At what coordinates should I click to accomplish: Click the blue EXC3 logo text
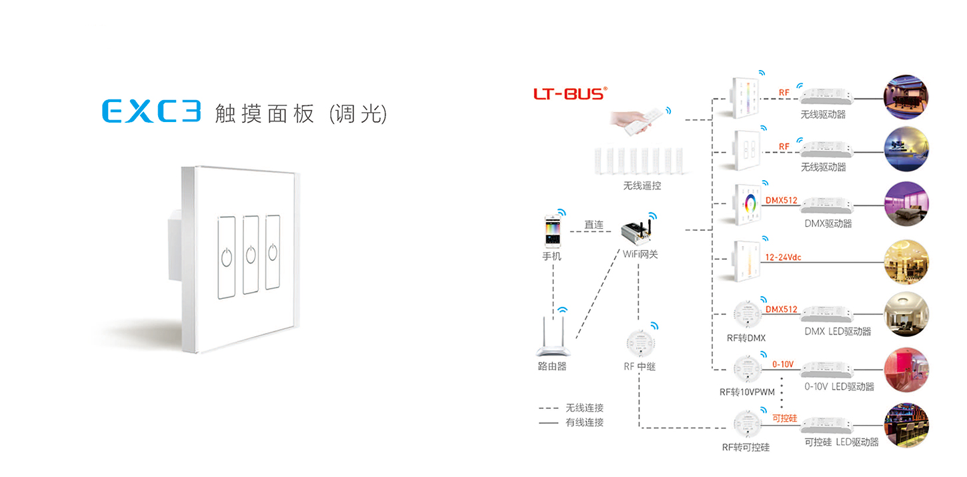(151, 111)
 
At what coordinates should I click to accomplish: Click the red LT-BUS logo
(570, 93)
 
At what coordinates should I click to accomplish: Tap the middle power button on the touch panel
(251, 255)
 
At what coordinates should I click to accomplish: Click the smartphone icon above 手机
(553, 231)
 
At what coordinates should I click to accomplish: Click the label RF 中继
(640, 366)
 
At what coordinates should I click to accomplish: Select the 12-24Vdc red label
(783, 258)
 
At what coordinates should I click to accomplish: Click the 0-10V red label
(783, 364)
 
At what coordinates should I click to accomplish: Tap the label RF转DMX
(746, 338)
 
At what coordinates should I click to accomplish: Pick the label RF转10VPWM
(747, 392)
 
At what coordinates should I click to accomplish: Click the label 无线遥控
(642, 185)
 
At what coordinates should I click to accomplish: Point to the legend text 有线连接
(584, 422)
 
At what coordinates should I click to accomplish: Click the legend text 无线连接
(584, 408)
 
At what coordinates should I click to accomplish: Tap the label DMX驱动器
(828, 223)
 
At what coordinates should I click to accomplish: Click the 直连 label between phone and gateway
(594, 224)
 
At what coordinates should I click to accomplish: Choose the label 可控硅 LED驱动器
(842, 442)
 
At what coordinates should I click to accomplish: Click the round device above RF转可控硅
(748, 424)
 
